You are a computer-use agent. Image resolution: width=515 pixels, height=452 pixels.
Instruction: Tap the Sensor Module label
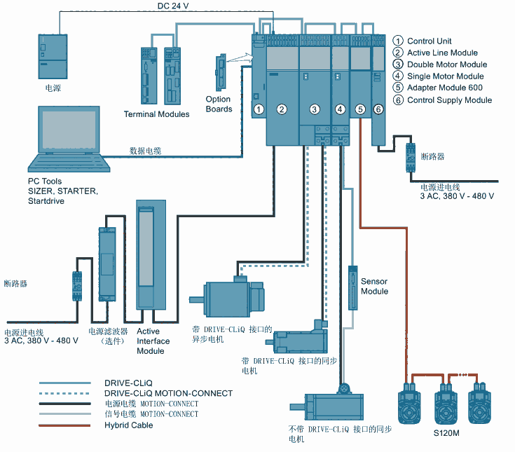tap(374, 286)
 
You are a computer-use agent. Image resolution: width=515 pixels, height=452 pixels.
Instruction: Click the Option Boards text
tap(219, 104)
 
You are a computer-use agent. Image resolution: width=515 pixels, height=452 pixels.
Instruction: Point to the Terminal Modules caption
tap(156, 114)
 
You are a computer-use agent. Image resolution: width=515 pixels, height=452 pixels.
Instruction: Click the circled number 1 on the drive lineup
tap(259, 109)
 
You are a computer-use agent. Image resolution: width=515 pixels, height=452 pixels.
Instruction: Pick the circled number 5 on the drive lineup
tap(360, 109)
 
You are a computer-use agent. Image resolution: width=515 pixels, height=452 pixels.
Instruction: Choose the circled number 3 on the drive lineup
tap(315, 109)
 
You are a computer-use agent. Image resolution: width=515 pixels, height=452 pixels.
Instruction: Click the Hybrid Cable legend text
tap(128, 425)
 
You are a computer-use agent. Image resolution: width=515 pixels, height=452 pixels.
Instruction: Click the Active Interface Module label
tap(153, 341)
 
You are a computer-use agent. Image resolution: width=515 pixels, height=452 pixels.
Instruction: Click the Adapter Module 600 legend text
tap(444, 88)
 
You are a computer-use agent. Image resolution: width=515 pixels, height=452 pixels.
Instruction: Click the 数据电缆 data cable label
tap(145, 151)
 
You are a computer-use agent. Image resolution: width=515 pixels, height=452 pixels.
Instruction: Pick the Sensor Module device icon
tap(352, 288)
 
